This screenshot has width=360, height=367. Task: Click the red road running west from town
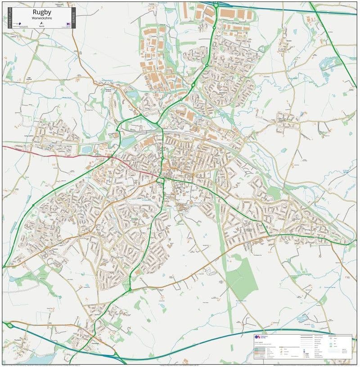(54, 154)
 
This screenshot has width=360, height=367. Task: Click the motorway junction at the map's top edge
(216, 5)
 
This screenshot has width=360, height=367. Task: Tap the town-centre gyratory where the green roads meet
(161, 180)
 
